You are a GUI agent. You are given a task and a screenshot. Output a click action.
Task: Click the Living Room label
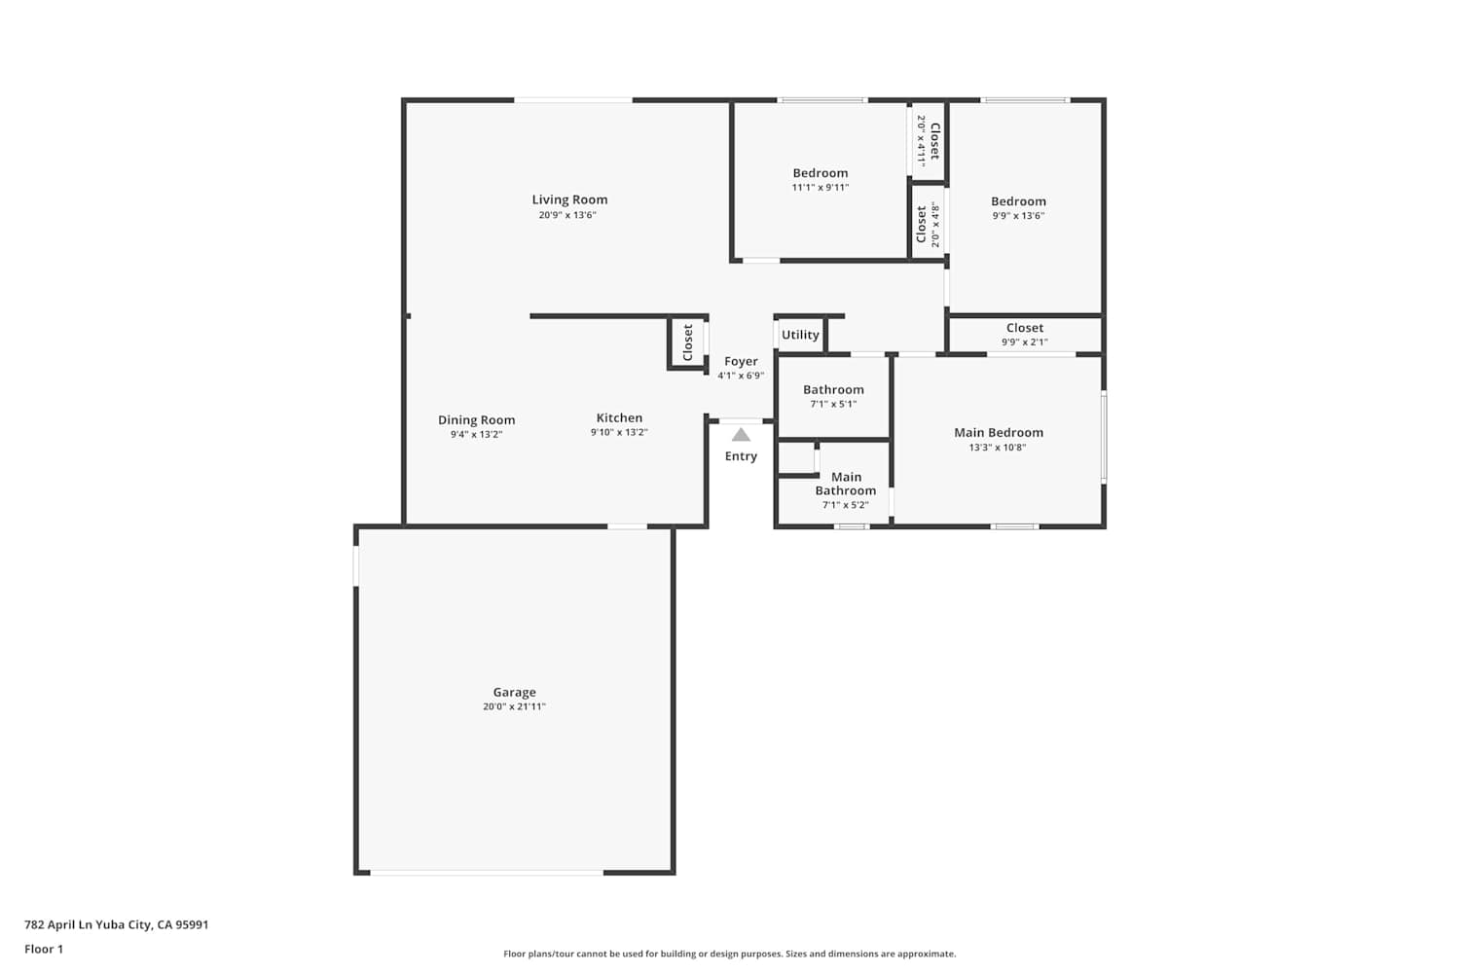pyautogui.click(x=569, y=200)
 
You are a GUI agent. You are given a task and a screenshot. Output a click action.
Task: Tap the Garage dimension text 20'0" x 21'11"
pyautogui.click(x=514, y=706)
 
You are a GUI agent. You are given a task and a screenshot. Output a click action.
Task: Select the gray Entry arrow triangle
pyautogui.click(x=741, y=435)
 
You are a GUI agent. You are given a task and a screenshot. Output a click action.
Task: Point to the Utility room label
pyautogui.click(x=800, y=335)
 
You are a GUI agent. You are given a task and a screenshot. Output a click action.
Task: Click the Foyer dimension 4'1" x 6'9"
pyautogui.click(x=741, y=376)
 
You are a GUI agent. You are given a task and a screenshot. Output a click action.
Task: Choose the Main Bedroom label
pyautogui.click(x=999, y=433)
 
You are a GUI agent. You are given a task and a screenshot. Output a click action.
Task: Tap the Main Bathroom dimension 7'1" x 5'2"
pyautogui.click(x=846, y=505)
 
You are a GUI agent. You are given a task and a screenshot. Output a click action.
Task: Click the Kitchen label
pyautogui.click(x=619, y=417)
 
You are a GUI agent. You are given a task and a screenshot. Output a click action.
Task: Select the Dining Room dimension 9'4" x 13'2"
pyautogui.click(x=476, y=435)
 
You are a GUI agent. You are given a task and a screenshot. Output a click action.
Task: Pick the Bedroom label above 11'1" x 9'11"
pyautogui.click(x=820, y=172)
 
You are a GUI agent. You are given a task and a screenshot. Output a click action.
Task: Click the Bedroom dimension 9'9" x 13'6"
pyautogui.click(x=1018, y=216)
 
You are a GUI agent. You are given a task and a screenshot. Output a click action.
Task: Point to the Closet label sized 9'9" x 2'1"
pyautogui.click(x=1025, y=328)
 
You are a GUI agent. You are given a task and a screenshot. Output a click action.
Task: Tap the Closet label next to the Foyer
pyautogui.click(x=687, y=342)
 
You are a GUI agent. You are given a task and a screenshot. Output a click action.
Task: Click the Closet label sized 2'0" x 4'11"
pyautogui.click(x=935, y=141)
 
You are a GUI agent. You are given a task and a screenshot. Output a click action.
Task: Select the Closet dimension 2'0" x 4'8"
pyautogui.click(x=935, y=224)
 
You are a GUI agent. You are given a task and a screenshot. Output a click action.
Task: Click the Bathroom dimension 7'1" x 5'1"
pyautogui.click(x=833, y=404)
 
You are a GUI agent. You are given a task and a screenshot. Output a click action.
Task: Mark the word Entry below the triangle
pyautogui.click(x=741, y=456)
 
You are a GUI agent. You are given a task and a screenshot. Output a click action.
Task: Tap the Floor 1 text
pyautogui.click(x=44, y=949)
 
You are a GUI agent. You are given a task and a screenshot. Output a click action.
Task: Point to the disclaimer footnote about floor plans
pyautogui.click(x=729, y=954)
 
